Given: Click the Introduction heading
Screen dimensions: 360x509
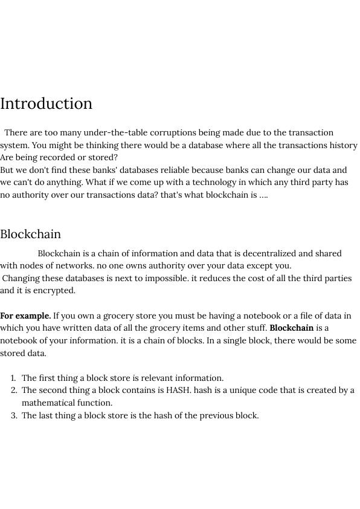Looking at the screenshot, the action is [x=47, y=103].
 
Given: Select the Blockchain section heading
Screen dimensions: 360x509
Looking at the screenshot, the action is [x=31, y=234].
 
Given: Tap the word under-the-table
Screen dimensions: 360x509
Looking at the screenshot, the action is [x=112, y=132].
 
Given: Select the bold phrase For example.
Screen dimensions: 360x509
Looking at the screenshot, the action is [x=25, y=316].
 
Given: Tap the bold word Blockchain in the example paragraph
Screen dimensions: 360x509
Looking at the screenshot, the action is [x=291, y=328].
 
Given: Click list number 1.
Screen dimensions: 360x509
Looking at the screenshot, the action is [x=14, y=378].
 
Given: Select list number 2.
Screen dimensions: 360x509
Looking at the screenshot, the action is [x=14, y=390].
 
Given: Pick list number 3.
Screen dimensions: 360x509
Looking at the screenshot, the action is [x=14, y=415].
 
